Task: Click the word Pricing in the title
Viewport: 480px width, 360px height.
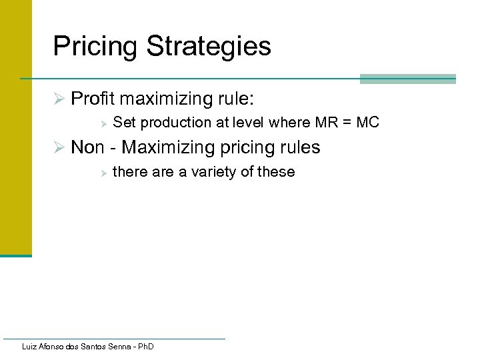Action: [95, 47]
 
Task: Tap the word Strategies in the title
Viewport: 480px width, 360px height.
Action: [209, 47]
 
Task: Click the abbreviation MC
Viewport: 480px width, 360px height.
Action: [367, 123]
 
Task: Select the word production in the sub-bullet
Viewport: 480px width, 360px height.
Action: [171, 123]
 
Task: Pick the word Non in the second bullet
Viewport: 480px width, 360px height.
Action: [87, 147]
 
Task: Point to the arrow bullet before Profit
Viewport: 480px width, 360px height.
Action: [58, 99]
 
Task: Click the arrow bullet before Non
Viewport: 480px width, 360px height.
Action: [58, 147]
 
